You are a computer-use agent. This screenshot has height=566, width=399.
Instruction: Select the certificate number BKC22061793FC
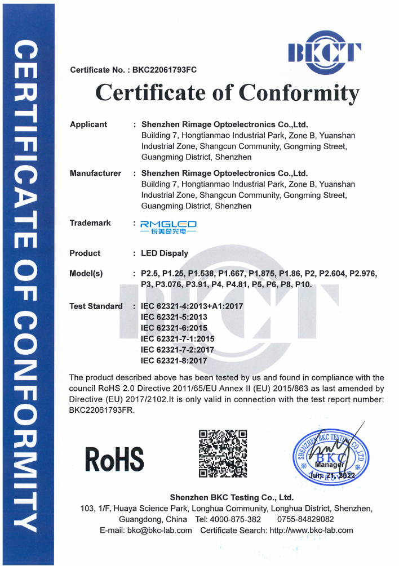(165, 70)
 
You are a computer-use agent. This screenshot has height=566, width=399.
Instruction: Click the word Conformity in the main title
(299, 92)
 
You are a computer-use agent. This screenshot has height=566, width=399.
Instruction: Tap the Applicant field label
(88, 124)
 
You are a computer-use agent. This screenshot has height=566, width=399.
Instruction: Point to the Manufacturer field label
(95, 173)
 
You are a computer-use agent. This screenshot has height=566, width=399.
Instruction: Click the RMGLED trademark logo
(169, 227)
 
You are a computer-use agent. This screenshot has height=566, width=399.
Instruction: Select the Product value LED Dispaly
(165, 253)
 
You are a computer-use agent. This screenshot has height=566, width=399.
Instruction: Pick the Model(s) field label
(86, 274)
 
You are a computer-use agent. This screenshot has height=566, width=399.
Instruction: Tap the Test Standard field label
(96, 306)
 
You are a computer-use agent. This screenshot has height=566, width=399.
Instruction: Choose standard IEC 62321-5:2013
(174, 317)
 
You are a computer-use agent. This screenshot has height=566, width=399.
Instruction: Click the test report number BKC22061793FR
(101, 410)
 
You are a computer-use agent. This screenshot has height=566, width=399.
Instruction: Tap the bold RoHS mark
(114, 459)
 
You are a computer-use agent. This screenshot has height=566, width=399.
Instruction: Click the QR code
(223, 453)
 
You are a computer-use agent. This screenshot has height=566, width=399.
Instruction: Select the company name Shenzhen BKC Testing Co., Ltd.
(232, 497)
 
